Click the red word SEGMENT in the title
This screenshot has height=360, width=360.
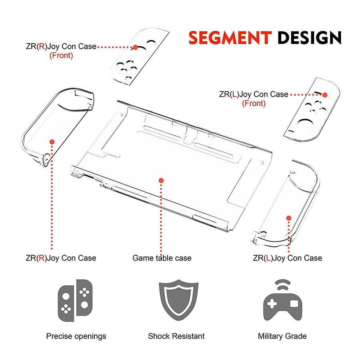pos(230,38)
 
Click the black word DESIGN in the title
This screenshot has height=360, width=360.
pos(310,38)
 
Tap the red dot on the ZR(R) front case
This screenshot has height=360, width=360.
pos(135,47)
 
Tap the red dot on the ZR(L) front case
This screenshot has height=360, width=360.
pos(325,95)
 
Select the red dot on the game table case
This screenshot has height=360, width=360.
pos(161,180)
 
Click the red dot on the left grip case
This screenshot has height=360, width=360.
pos(52,141)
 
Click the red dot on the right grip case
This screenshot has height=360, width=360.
pos(289,218)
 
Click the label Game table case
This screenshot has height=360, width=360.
pos(162,258)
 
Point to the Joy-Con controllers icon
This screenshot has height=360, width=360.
pos(75,300)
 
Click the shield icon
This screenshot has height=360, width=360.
pos(176,303)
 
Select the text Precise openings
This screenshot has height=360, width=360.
pos(76,336)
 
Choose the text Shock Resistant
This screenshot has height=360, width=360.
pos(176,336)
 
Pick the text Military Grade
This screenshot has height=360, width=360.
pos(282,336)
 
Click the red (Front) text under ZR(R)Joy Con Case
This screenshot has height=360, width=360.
pos(61,56)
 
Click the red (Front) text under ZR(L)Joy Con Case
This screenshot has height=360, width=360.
pos(254,104)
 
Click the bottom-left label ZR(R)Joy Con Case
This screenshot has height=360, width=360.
pos(61,258)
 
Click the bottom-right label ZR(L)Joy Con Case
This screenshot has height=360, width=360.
pos(287,258)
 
